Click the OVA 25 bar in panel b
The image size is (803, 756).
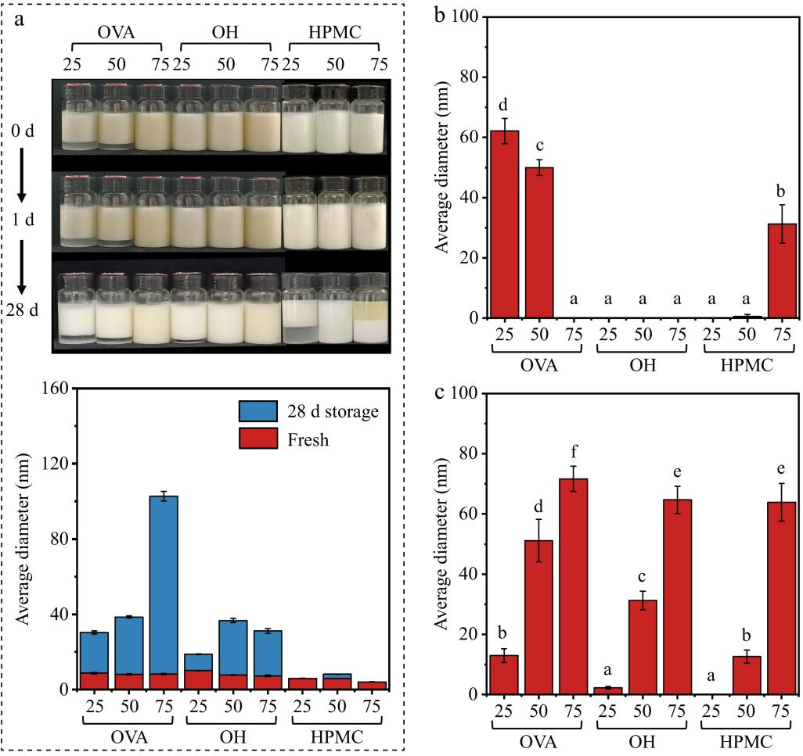point(505,224)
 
